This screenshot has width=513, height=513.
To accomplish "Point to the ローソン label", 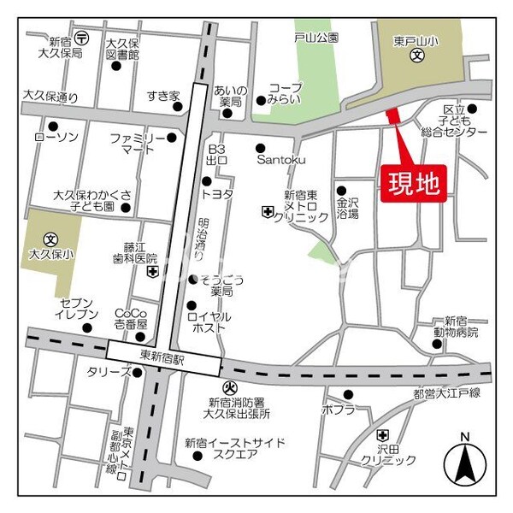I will click(56, 138).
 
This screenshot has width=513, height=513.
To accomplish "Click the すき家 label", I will click(160, 95).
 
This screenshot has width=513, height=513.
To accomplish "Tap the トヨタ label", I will click(221, 194).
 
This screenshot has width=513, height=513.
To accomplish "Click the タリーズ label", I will click(108, 372).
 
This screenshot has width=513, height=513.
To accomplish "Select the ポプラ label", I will click(339, 410).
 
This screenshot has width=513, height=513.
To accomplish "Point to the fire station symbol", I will click(230, 389).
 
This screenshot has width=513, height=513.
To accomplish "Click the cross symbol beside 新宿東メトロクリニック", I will click(267, 212).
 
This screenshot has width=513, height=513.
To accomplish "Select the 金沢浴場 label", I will click(348, 209).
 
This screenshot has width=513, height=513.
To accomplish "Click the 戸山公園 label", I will click(316, 38).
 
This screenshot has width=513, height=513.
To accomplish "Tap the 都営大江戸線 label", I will click(447, 393).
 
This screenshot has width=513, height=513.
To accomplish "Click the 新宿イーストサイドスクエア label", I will click(235, 449).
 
